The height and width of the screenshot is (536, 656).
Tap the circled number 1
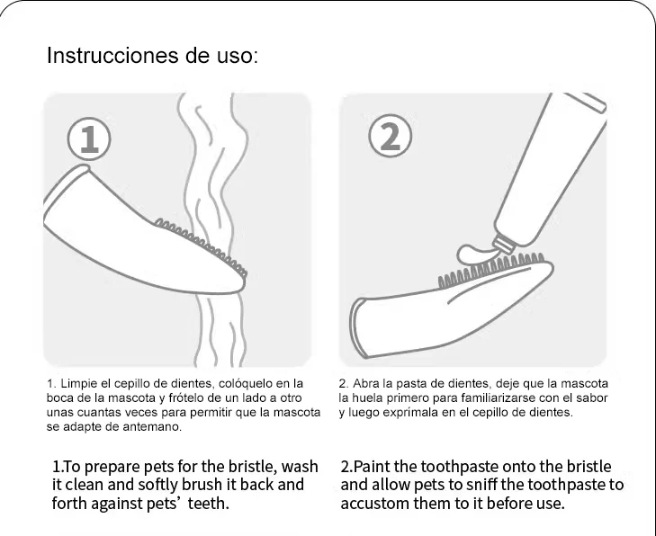(x=89, y=138)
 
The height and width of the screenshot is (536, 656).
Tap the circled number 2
(x=391, y=137)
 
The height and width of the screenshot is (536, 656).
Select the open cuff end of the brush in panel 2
(x=358, y=329)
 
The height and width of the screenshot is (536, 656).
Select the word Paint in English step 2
(x=371, y=466)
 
